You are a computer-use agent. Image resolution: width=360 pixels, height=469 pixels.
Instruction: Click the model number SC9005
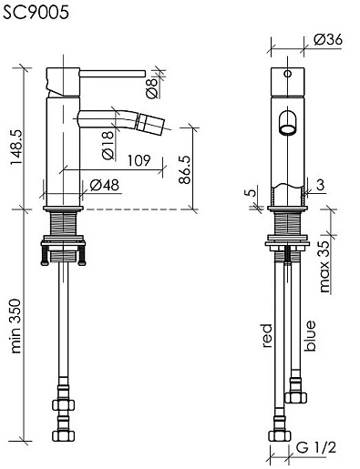pyautogui.click(x=36, y=13)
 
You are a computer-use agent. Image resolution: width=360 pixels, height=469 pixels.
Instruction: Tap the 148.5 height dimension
pyautogui.click(x=16, y=147)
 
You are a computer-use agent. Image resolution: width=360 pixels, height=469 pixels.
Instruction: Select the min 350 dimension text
pyautogui.click(x=15, y=326)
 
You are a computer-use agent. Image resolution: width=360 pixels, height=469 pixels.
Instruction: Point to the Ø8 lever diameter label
pyautogui.click(x=152, y=88)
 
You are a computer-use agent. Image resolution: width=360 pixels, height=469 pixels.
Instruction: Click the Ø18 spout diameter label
pyautogui.click(x=108, y=145)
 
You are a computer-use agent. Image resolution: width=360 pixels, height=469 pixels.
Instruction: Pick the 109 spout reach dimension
pyautogui.click(x=139, y=160)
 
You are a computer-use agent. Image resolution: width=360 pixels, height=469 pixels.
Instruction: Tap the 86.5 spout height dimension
pyautogui.click(x=184, y=169)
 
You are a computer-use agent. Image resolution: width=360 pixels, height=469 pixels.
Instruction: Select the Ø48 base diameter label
pyautogui.click(x=105, y=185)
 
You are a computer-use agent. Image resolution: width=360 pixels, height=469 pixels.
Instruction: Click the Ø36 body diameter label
pyautogui.click(x=328, y=39)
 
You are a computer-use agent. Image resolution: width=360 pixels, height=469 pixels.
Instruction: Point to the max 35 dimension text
pyautogui.click(x=324, y=267)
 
